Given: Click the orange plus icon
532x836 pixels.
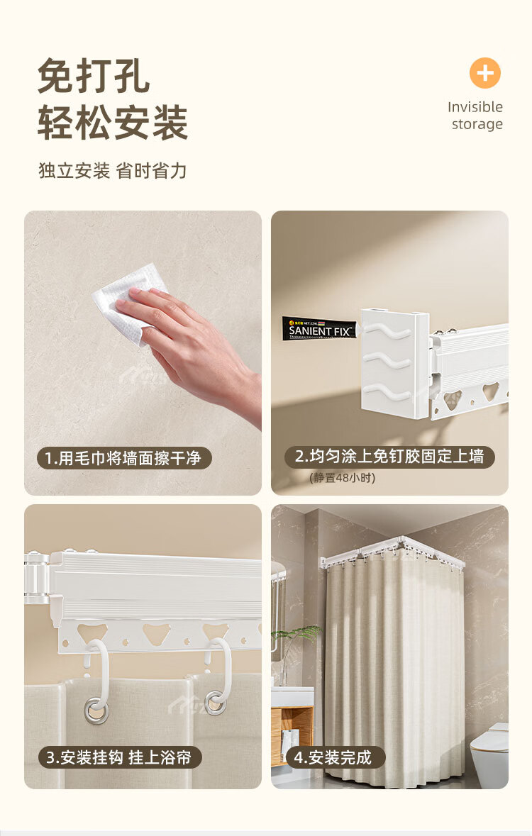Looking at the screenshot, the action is pos(485,73).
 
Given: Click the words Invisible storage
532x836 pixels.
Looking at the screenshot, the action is pos(475,115).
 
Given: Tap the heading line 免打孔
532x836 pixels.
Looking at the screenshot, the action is pos(94,76).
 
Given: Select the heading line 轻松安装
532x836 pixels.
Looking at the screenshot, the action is pos(113,122).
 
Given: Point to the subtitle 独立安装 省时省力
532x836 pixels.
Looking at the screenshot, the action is pos(113,171).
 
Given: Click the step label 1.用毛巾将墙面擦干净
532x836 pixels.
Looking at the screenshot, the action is pos(124,458).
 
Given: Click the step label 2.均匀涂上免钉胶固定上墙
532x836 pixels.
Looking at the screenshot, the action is pos(389,457).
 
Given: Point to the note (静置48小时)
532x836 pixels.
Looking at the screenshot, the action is pos(342,478).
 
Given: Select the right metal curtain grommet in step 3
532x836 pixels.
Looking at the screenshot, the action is pos(216,703).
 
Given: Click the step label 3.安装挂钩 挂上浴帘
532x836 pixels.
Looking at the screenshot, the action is pos(119,757).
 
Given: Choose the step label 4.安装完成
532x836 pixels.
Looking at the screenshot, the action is pos(333,757).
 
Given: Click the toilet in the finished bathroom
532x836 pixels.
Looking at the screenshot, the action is pos(490,755).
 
